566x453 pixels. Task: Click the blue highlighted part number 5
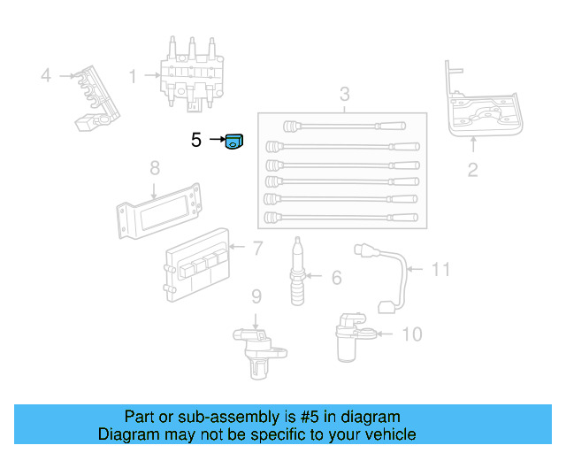pos(233,141)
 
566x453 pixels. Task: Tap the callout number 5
pos(196,140)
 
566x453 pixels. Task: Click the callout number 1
pos(133,77)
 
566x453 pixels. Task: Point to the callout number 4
pos(46,76)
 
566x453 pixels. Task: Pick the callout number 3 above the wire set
pos(344,95)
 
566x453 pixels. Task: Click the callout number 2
pos(472,170)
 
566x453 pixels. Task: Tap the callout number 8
pos(154,167)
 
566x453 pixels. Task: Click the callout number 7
pos(257,249)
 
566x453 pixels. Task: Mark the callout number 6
pos(336,278)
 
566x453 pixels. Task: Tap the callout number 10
pos(411,334)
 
